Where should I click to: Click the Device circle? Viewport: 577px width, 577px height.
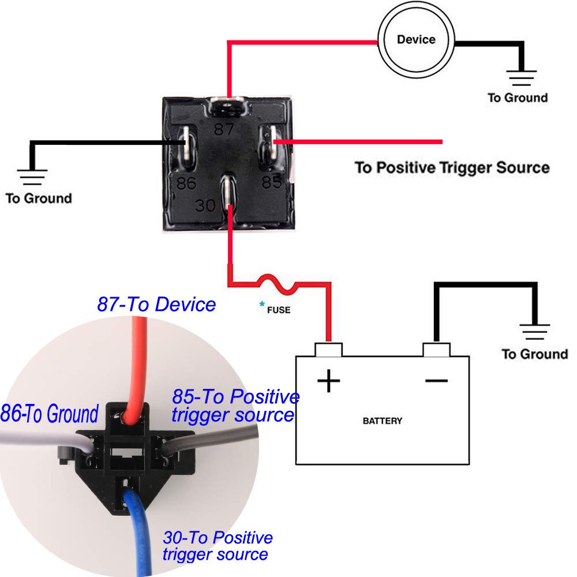(416, 40)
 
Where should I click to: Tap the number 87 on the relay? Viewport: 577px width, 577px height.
(224, 129)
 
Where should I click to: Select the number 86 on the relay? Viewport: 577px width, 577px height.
(187, 184)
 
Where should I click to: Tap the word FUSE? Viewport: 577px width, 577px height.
(279, 310)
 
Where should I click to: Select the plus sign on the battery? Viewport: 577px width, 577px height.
(329, 381)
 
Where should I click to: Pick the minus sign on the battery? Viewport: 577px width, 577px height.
(437, 380)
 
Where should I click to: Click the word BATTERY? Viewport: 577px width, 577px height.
(382, 421)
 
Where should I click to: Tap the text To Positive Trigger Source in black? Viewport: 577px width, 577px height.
(452, 168)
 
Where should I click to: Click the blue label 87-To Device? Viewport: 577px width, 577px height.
(156, 304)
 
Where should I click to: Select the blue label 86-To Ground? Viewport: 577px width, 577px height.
(50, 414)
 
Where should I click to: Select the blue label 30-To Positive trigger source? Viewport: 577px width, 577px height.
(217, 546)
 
